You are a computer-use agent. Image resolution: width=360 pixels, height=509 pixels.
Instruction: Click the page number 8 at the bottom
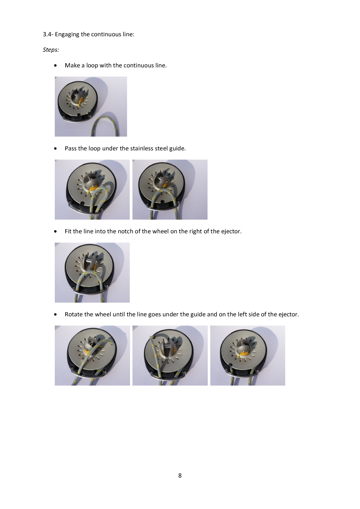[x=180, y=475]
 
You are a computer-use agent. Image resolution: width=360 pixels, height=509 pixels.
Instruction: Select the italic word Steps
[x=51, y=50]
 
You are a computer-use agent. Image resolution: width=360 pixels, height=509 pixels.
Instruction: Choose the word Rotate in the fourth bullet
[x=74, y=314]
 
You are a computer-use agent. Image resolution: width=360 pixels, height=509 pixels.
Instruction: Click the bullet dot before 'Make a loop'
[x=55, y=66]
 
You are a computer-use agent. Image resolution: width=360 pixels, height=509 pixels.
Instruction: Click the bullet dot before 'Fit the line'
[x=55, y=232]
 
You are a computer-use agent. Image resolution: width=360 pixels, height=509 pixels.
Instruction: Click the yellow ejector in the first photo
[x=81, y=101]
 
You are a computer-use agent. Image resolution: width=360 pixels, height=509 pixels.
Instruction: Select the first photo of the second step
[x=92, y=190]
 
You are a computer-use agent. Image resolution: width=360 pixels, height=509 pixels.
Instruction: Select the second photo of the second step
[x=170, y=190]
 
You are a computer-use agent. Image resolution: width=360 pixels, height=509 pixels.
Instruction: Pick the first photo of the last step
[x=92, y=355]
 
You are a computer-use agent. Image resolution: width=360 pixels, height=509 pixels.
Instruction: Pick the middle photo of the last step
[x=170, y=355]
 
